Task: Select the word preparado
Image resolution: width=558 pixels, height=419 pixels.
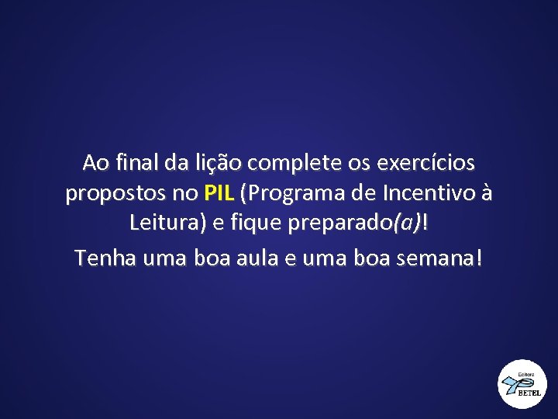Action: (x=339, y=224)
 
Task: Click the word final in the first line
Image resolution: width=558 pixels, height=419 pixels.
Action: (x=136, y=164)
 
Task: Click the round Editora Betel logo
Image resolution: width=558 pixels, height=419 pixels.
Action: (x=522, y=384)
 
